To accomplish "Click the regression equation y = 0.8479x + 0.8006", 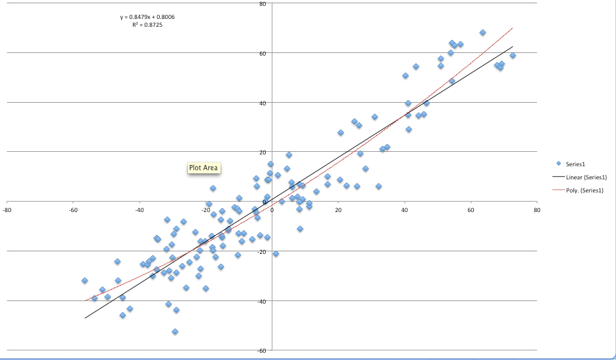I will pos(148,17).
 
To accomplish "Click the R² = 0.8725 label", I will pos(147,25).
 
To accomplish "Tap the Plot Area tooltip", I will pos(203,168).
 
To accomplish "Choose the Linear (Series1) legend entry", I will pos(586,177).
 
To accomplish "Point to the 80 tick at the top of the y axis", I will pos(262,4).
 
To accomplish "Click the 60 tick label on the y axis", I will pos(262,53).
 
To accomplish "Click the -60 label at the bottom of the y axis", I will pos(261,351).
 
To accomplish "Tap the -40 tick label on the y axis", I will pos(261,301).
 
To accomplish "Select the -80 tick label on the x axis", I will pos(7,211).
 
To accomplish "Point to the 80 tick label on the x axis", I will pos(537,211).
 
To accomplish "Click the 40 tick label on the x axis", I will pos(405,211).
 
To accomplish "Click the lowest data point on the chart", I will pos(175,332).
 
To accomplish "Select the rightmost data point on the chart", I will pos(513,56).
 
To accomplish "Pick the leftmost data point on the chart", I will pos(84,281).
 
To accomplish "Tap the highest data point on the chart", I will pos(482,32).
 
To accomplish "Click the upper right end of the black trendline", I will pos(513,47).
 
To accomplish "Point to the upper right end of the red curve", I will pos(513,28).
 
